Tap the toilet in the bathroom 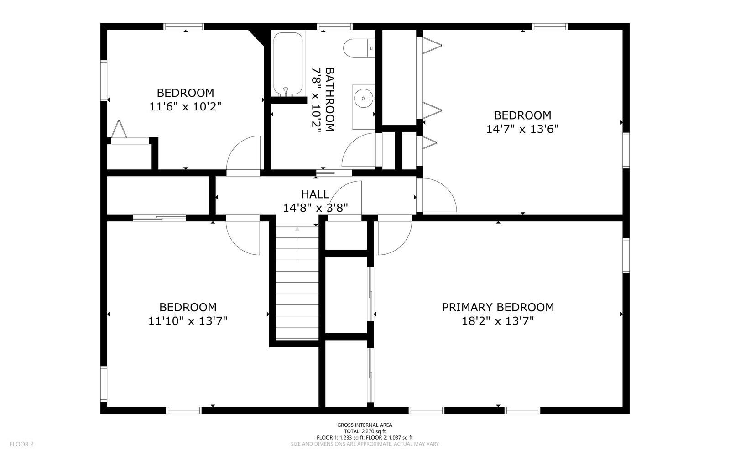[358, 48]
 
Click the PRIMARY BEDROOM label [498, 307]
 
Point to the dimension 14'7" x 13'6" [522, 129]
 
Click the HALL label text [315, 194]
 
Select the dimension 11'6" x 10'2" [185, 107]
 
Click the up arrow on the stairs [297, 242]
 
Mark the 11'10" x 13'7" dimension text [188, 321]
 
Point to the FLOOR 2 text [22, 444]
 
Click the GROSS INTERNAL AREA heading [365, 425]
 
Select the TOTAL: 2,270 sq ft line [365, 431]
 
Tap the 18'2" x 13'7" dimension [498, 321]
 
